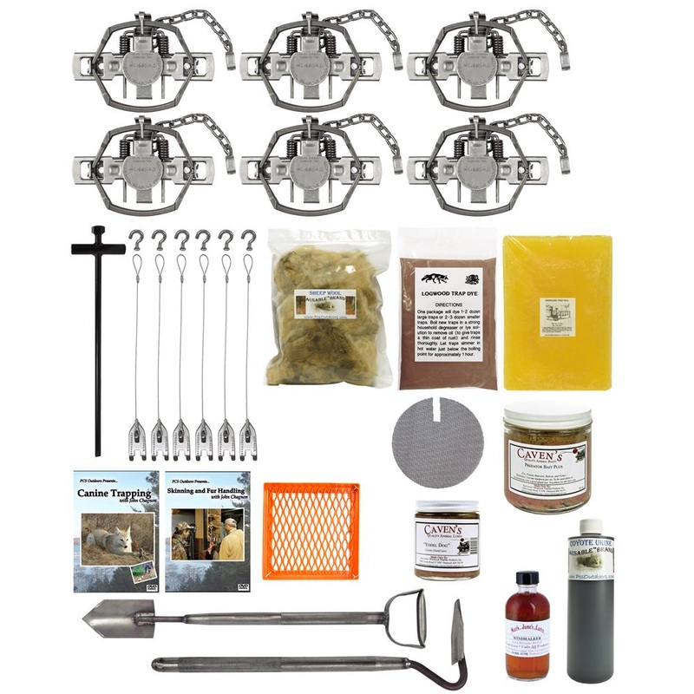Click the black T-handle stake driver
98,347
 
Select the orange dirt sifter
311,529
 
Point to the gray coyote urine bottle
591,607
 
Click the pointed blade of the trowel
108,619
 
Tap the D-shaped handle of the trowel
406,617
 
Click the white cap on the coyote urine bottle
592,527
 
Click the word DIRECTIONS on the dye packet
448,295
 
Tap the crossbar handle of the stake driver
98,246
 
